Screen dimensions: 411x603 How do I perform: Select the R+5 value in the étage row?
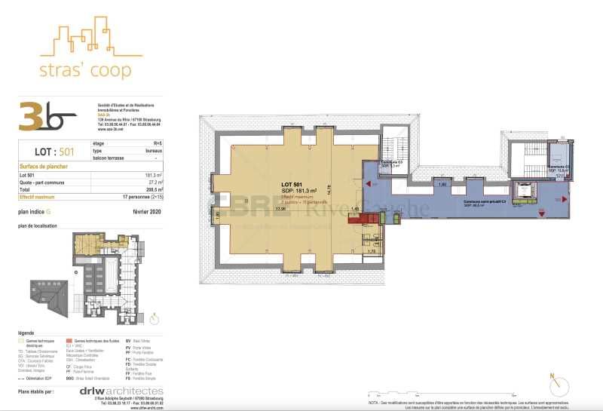(x=157, y=143)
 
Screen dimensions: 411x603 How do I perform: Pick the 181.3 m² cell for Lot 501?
(x=154, y=175)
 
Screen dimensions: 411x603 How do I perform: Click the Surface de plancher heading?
(x=44, y=167)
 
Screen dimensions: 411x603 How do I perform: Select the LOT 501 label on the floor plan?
(x=291, y=185)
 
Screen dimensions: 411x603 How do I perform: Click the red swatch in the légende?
(x=69, y=340)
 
